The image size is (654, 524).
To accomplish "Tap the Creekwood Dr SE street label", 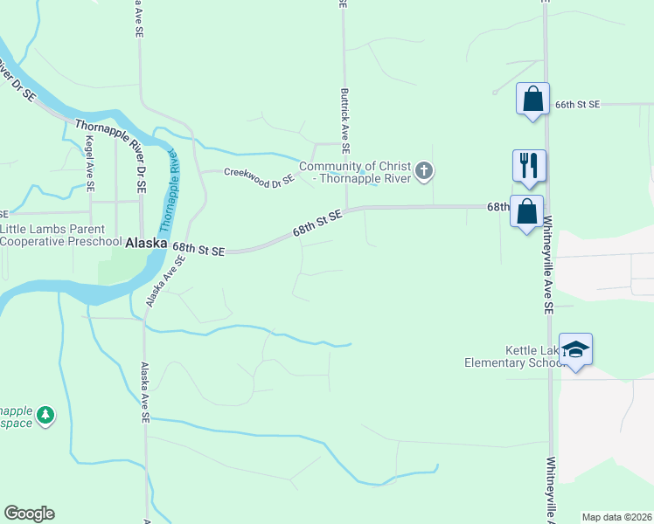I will (x=260, y=177).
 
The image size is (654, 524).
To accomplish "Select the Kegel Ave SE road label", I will (x=89, y=163).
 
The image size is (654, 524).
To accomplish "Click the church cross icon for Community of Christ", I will (x=424, y=170).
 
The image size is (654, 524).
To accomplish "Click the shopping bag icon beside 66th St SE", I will (x=532, y=99).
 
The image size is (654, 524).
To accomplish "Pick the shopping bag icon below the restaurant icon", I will (x=526, y=212).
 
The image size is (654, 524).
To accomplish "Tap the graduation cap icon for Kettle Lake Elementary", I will (x=576, y=350).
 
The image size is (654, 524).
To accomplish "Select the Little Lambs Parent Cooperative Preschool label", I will (x=61, y=235).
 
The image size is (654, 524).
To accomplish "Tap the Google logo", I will (x=29, y=514).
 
